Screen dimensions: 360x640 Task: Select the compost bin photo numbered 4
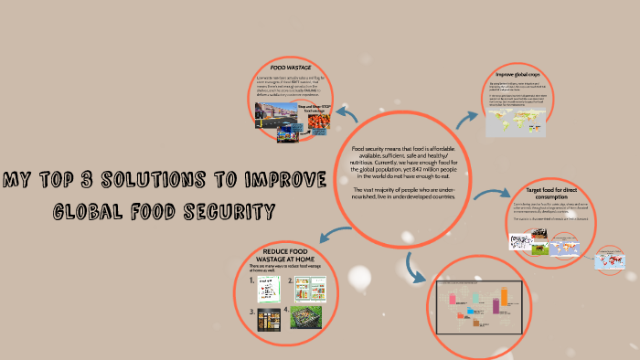tap(305, 317)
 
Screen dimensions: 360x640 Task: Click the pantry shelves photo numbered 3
tap(269, 319)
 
